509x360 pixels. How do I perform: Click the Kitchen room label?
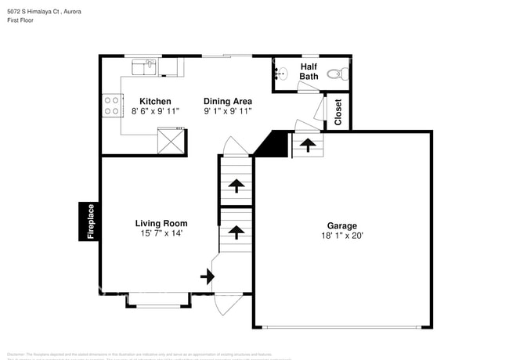[x=155, y=101]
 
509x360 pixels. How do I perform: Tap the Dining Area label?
[x=228, y=101]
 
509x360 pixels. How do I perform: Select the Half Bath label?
[x=309, y=71]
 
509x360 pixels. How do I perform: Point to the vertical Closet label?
[x=338, y=113]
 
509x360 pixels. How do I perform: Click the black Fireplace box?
[x=90, y=221]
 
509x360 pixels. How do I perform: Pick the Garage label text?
[x=342, y=225]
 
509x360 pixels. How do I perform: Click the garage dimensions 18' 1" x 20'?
[x=342, y=236]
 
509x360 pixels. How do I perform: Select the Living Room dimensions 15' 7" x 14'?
[x=161, y=233]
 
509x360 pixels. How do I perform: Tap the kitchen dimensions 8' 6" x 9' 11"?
[x=155, y=111]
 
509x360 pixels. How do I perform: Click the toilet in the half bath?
[x=334, y=74]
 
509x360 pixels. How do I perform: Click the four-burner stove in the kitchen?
[x=111, y=105]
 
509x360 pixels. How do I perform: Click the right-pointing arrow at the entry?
[x=207, y=276]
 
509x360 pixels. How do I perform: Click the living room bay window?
[x=157, y=297]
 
